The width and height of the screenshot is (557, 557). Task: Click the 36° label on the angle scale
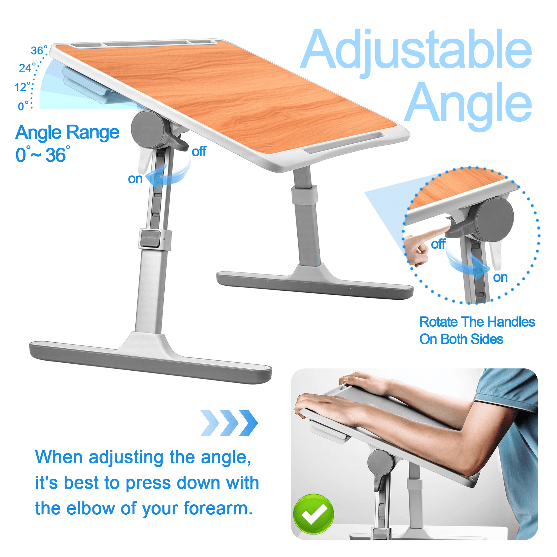pyautogui.click(x=39, y=50)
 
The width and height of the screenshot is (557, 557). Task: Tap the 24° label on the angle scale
pyautogui.click(x=27, y=68)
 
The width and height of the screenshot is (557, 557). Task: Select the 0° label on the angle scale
pyautogui.click(x=23, y=106)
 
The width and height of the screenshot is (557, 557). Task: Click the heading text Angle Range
pyautogui.click(x=67, y=133)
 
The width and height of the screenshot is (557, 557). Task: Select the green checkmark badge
pyautogui.click(x=313, y=514)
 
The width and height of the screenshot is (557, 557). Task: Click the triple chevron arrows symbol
pyautogui.click(x=229, y=423)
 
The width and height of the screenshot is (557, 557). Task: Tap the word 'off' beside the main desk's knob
pyautogui.click(x=199, y=151)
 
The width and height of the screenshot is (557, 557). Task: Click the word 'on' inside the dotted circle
pyautogui.click(x=500, y=278)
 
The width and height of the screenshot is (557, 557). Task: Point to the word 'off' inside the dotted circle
pyautogui.click(x=438, y=244)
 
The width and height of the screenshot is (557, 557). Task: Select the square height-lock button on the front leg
pyautogui.click(x=150, y=239)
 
